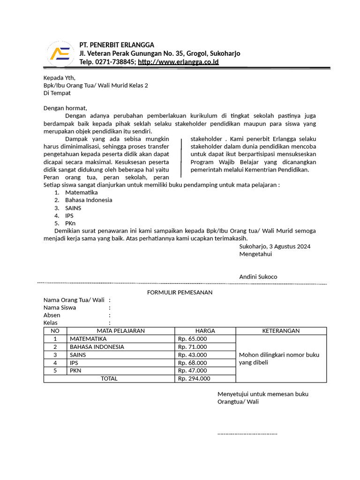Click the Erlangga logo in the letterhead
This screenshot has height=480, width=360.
pos(60,53)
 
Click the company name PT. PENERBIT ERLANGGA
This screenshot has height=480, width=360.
pos(117,45)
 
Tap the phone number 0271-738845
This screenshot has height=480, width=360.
pos(115,62)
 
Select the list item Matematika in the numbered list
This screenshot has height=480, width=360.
pos(82,192)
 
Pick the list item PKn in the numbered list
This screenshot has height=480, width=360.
pos(70,223)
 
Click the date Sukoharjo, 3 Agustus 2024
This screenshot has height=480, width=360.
pos(275,246)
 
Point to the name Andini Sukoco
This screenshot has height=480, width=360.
pos(258,277)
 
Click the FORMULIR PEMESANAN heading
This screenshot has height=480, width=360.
pos(180,292)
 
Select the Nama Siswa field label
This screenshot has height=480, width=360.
pos(60,307)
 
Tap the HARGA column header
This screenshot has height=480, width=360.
pos(205,330)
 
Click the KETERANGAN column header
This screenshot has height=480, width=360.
pos(281,330)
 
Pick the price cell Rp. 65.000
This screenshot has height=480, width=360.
pos(192,339)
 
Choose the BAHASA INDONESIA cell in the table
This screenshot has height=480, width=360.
pos(97,347)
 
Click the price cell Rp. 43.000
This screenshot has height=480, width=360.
pos(192,355)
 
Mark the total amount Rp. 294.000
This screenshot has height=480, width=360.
pos(194,379)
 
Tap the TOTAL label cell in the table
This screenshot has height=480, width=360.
pos(109,379)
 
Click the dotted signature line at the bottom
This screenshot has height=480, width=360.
pos(247,433)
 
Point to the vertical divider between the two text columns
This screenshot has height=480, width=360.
pos(182,158)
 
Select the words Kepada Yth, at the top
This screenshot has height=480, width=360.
pos(59,77)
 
